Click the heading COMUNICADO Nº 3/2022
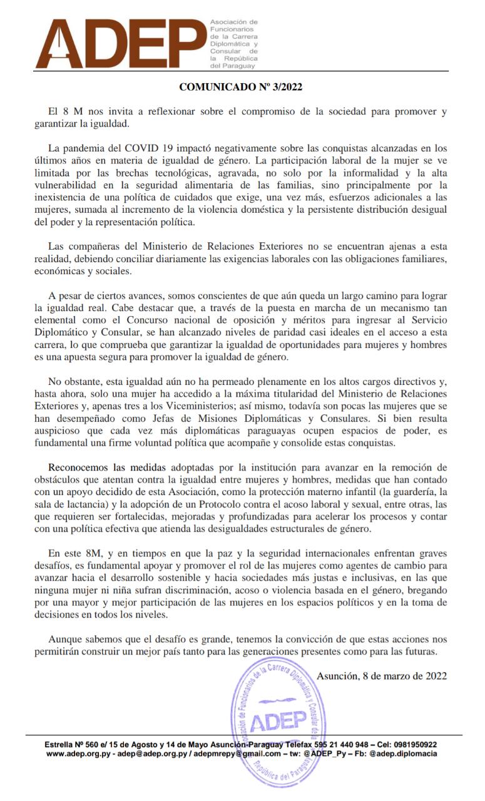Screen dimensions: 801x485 click(241, 87)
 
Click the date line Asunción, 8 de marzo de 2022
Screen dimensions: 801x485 click(382, 675)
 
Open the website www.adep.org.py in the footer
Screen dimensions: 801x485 click(79, 754)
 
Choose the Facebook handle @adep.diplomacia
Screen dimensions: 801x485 click(403, 754)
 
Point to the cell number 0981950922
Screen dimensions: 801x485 click(412, 745)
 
